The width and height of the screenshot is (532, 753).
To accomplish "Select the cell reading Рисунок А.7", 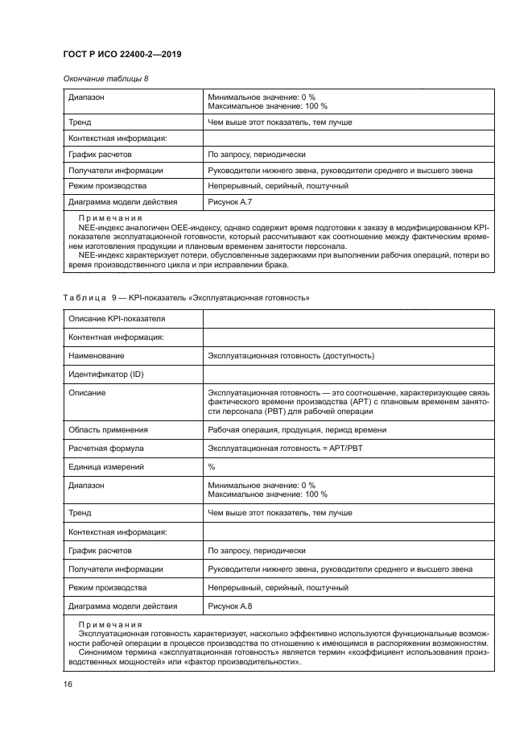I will tap(230, 201).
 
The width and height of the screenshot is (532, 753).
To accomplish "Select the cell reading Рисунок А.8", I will tap(230, 606).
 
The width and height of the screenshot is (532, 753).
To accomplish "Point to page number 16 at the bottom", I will tap(68, 684).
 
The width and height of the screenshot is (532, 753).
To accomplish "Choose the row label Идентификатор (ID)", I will tap(107, 374).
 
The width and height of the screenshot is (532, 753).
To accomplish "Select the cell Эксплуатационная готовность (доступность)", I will tap(291, 355).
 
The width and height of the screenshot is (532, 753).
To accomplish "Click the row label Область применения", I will tap(108, 429).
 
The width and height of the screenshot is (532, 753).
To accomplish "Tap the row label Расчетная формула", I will tap(106, 448).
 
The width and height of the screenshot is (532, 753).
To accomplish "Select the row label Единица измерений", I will tap(106, 466).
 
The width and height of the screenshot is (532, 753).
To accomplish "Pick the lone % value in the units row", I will tap(212, 466).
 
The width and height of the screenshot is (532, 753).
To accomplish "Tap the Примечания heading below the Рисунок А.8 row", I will tap(109, 625).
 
